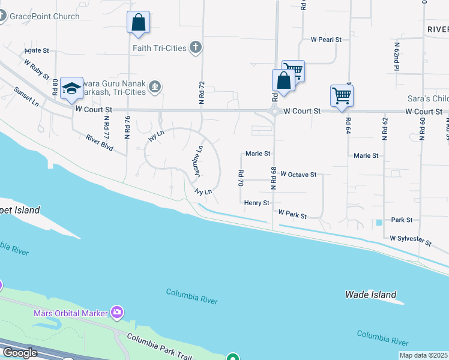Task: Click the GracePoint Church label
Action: tap(44, 16)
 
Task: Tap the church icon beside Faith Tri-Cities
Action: tap(195, 47)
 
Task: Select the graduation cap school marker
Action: tap(71, 88)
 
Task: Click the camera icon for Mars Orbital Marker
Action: tap(116, 312)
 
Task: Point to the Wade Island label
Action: tap(370, 295)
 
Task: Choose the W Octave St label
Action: tap(298, 175)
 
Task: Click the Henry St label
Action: tap(257, 203)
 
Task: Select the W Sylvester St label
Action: tap(411, 241)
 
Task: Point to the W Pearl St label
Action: tap(326, 40)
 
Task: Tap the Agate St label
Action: tap(37, 51)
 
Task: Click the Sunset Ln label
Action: tap(27, 96)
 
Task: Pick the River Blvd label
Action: tap(100, 142)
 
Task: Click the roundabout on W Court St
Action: tap(274, 111)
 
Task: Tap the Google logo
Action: tap(19, 353)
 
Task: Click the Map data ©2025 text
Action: tap(423, 355)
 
